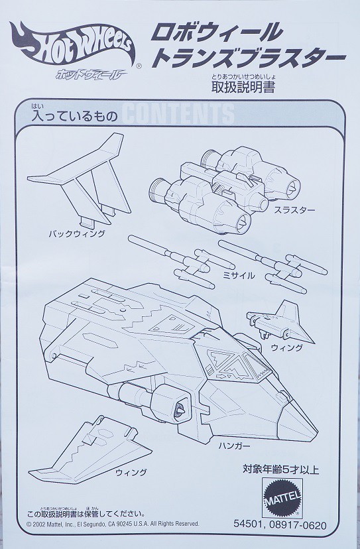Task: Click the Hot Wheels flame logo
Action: [x=72, y=46]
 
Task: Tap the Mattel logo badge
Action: [x=282, y=497]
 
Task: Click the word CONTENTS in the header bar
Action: [x=178, y=113]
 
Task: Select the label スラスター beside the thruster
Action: [x=294, y=210]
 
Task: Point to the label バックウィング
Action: [x=77, y=233]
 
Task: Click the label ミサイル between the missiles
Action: [x=239, y=276]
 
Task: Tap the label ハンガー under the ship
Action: [x=234, y=446]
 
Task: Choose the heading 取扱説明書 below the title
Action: [x=243, y=87]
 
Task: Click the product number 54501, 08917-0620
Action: [x=280, y=525]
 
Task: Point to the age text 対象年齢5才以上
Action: [x=281, y=469]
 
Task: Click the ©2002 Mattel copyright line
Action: [x=113, y=524]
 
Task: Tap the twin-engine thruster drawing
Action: [x=224, y=188]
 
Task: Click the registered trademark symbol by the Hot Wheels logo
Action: [x=139, y=66]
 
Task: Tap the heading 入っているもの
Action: [x=75, y=116]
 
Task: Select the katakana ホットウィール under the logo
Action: [x=91, y=74]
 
